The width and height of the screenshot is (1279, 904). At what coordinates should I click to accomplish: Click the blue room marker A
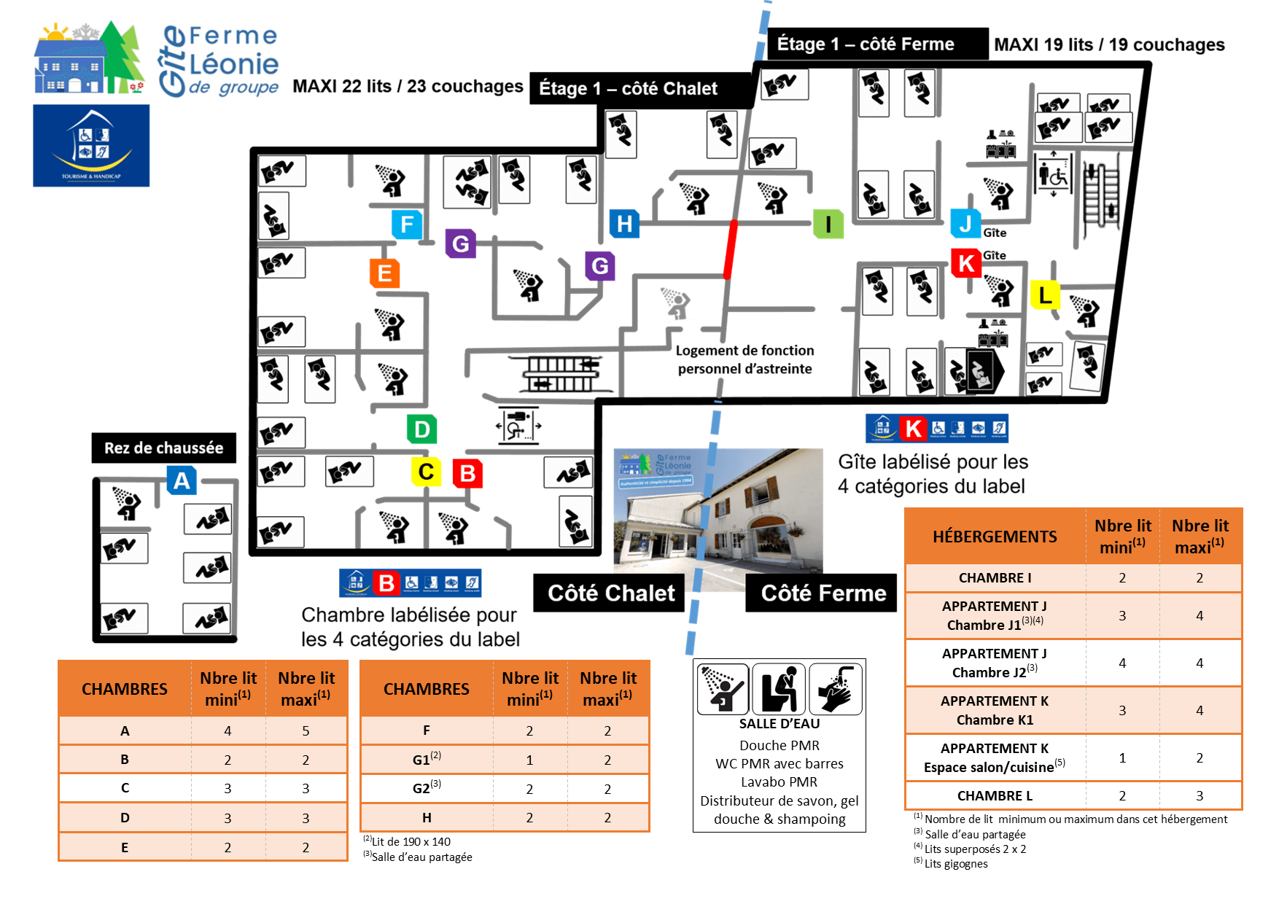[182, 480]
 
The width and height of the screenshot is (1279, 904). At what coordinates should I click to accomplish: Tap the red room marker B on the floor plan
[467, 473]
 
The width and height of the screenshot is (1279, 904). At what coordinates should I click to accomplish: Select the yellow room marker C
[426, 472]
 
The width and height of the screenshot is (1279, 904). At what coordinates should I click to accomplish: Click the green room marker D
[421, 429]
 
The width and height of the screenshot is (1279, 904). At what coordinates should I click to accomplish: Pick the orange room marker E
[384, 273]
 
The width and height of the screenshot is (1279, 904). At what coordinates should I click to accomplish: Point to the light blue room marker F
[407, 224]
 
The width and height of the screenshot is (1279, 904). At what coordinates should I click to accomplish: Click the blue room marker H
[624, 223]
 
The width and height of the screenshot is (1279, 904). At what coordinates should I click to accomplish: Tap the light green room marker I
[828, 224]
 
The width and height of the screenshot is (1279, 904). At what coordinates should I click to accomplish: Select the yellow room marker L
[1045, 295]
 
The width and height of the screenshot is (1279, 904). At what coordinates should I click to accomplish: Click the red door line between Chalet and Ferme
[730, 249]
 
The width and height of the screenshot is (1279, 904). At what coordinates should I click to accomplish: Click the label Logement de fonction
[745, 351]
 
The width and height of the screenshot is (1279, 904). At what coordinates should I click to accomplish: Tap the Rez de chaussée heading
[163, 448]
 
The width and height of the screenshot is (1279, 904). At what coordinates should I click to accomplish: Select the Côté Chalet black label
[610, 593]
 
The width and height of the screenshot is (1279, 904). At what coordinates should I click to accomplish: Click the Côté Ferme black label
[823, 593]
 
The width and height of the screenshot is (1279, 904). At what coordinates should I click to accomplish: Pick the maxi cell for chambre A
[306, 730]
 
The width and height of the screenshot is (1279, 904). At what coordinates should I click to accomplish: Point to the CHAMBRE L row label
[995, 795]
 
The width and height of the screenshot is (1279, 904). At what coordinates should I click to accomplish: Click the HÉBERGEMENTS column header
[995, 537]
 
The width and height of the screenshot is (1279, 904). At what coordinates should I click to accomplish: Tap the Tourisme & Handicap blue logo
[91, 146]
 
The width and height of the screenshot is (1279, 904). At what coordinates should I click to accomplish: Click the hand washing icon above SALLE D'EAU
[836, 688]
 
